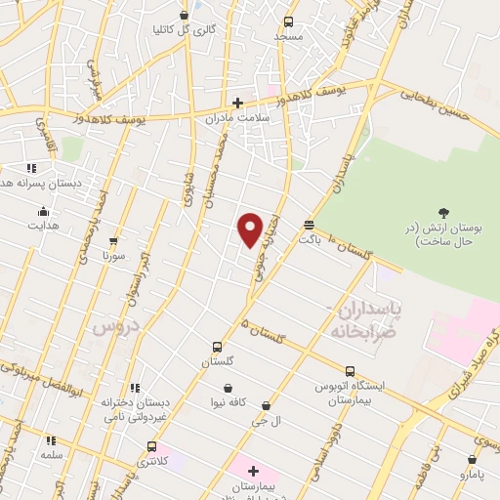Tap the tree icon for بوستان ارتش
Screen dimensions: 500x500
[x=444, y=212]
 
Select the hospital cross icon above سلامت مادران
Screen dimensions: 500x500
[x=237, y=103]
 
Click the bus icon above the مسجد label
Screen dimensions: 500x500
[x=288, y=21]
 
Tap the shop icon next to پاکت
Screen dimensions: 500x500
[x=309, y=223]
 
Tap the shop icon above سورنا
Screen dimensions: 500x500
[x=114, y=240]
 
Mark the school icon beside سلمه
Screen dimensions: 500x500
[x=51, y=440]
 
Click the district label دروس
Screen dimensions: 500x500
[x=114, y=328]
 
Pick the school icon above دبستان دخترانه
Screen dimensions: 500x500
[x=134, y=387]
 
